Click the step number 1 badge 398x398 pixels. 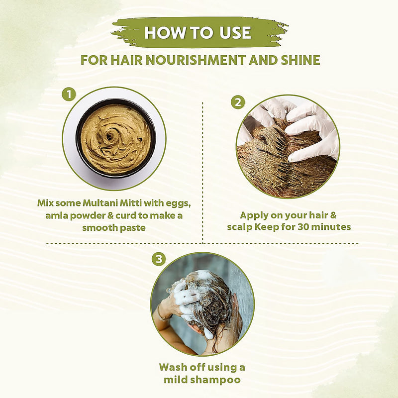pyautogui.click(x=69, y=94)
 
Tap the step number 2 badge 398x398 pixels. pyautogui.click(x=238, y=102)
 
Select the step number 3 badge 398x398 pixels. pyautogui.click(x=158, y=259)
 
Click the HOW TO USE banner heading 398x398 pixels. pyautogui.click(x=198, y=33)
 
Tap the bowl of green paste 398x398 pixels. pyautogui.click(x=115, y=137)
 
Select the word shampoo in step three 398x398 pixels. pyautogui.click(x=217, y=380)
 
